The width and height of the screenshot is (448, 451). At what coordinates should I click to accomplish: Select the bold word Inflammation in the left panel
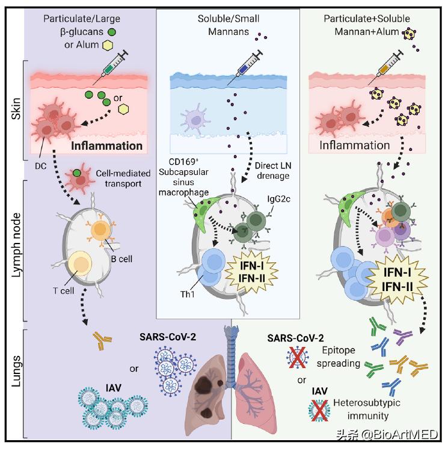108,146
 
